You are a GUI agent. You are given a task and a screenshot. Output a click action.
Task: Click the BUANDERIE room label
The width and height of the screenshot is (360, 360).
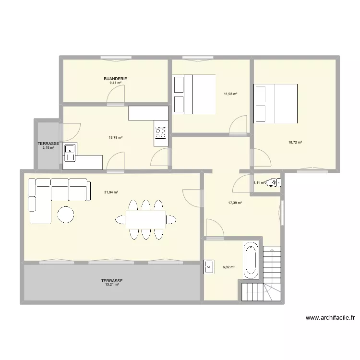[115, 79]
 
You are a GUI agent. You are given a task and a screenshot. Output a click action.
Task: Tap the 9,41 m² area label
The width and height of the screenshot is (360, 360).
[115, 83]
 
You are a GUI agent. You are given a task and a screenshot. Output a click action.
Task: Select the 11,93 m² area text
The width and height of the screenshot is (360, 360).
[231, 94]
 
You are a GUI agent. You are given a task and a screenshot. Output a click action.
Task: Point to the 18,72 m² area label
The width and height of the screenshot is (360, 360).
[295, 143]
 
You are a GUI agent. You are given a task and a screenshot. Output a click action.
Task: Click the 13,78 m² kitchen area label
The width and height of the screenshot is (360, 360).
[116, 138]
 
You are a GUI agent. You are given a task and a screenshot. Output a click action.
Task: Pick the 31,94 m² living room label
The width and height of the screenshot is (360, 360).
[111, 192]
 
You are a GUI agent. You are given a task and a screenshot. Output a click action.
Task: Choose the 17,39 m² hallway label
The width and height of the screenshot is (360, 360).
[235, 203]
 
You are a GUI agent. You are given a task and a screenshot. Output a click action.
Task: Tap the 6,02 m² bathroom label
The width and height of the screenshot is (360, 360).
[228, 267]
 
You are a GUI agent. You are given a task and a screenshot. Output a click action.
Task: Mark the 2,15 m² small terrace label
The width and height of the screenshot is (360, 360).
[48, 148]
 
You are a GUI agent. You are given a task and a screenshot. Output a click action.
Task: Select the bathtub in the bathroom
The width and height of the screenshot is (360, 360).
[251, 261]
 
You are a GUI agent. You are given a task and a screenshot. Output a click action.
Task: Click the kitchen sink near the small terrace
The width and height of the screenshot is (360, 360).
[71, 150]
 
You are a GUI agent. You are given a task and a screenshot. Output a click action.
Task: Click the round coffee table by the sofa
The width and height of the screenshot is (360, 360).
[66, 214]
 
